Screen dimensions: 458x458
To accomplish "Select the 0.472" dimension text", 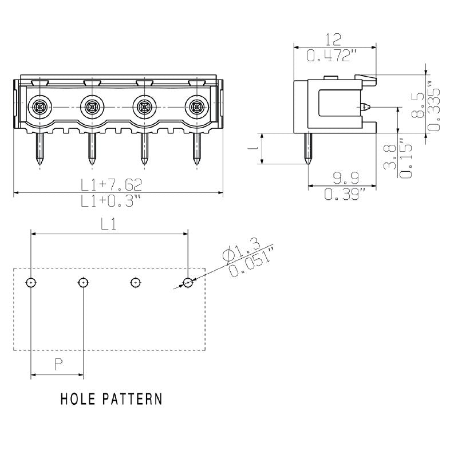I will point(333,56).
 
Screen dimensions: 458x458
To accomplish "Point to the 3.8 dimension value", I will point(390,156).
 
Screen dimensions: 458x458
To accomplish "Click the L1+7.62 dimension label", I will point(111,184).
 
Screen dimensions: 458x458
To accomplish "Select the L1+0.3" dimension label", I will point(111,201).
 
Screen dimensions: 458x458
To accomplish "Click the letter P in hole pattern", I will point(58,364).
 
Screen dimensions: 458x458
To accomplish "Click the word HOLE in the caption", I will point(79,398).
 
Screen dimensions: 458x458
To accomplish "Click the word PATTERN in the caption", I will point(132,398).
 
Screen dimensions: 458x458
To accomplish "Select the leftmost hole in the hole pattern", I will point(31,282).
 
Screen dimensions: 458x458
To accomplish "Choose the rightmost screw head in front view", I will point(196,106).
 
